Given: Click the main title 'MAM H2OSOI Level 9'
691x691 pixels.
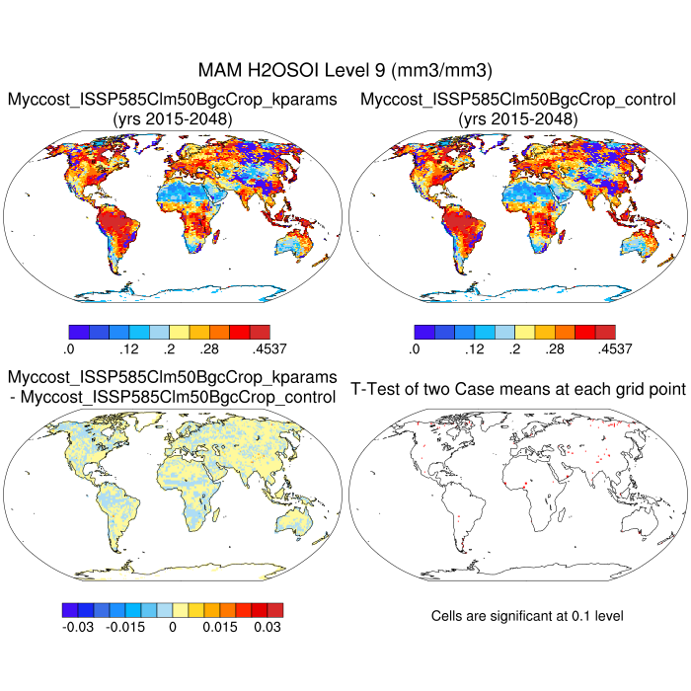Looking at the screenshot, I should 345,70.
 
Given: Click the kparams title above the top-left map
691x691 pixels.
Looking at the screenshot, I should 173,100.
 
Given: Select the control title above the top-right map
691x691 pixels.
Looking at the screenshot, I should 518,100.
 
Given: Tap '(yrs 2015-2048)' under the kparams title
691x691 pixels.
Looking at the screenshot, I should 173,119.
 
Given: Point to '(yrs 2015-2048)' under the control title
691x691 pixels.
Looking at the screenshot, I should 518,119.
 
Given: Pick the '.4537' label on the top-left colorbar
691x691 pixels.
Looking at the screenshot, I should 254,348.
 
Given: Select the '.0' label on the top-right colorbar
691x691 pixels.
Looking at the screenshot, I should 415,348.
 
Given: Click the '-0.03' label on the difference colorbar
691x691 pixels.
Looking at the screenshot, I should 75,626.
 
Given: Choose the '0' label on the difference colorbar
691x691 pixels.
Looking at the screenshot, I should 173,626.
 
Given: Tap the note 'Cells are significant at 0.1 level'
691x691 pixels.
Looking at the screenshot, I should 527,616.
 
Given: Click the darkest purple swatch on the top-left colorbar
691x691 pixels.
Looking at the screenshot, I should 79,331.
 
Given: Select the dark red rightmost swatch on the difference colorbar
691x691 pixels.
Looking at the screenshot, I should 275,608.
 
